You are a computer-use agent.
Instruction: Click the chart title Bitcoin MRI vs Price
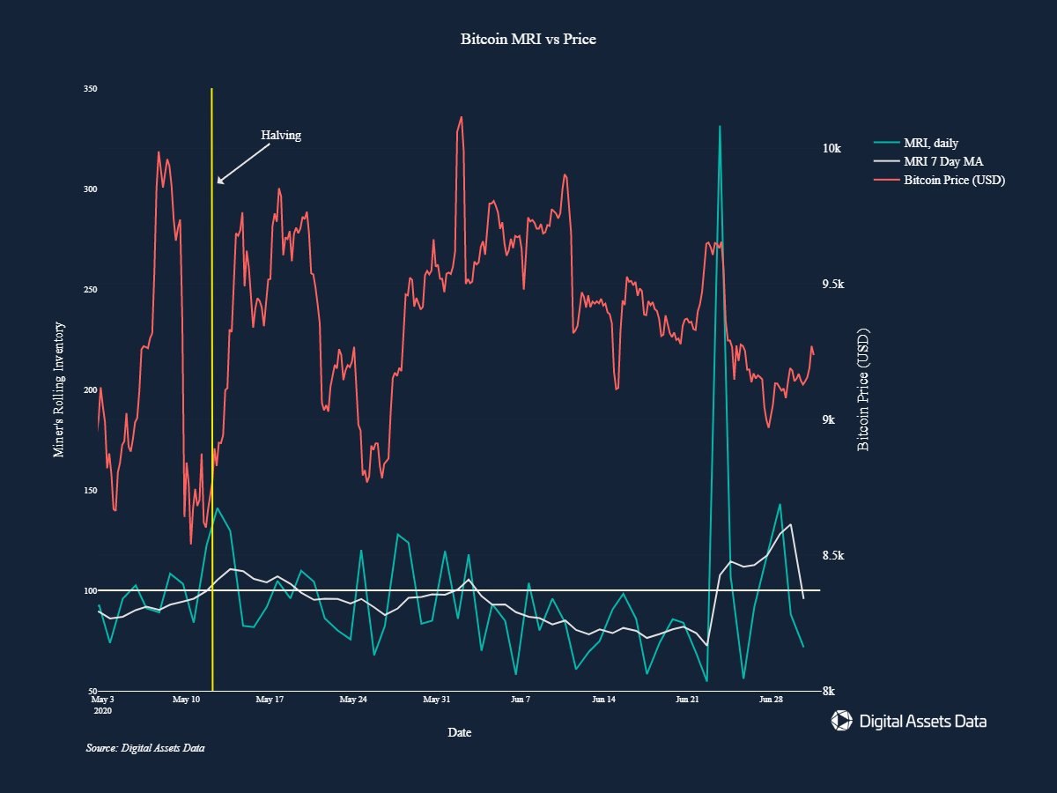[x=528, y=40]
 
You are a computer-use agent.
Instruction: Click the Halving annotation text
[x=281, y=136]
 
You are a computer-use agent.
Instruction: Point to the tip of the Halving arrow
[x=218, y=183]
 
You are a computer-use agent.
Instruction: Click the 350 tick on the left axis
[x=90, y=89]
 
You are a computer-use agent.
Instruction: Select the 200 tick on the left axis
[x=90, y=389]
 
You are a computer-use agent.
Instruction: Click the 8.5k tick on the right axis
[x=832, y=555]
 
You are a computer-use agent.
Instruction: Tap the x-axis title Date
[x=459, y=732]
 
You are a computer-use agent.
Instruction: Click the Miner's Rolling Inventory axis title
[x=60, y=389]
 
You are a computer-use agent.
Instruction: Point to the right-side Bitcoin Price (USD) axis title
[x=863, y=389]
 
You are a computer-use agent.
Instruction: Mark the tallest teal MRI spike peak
[x=720, y=127]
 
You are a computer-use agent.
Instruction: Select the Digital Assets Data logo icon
[x=842, y=721]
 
